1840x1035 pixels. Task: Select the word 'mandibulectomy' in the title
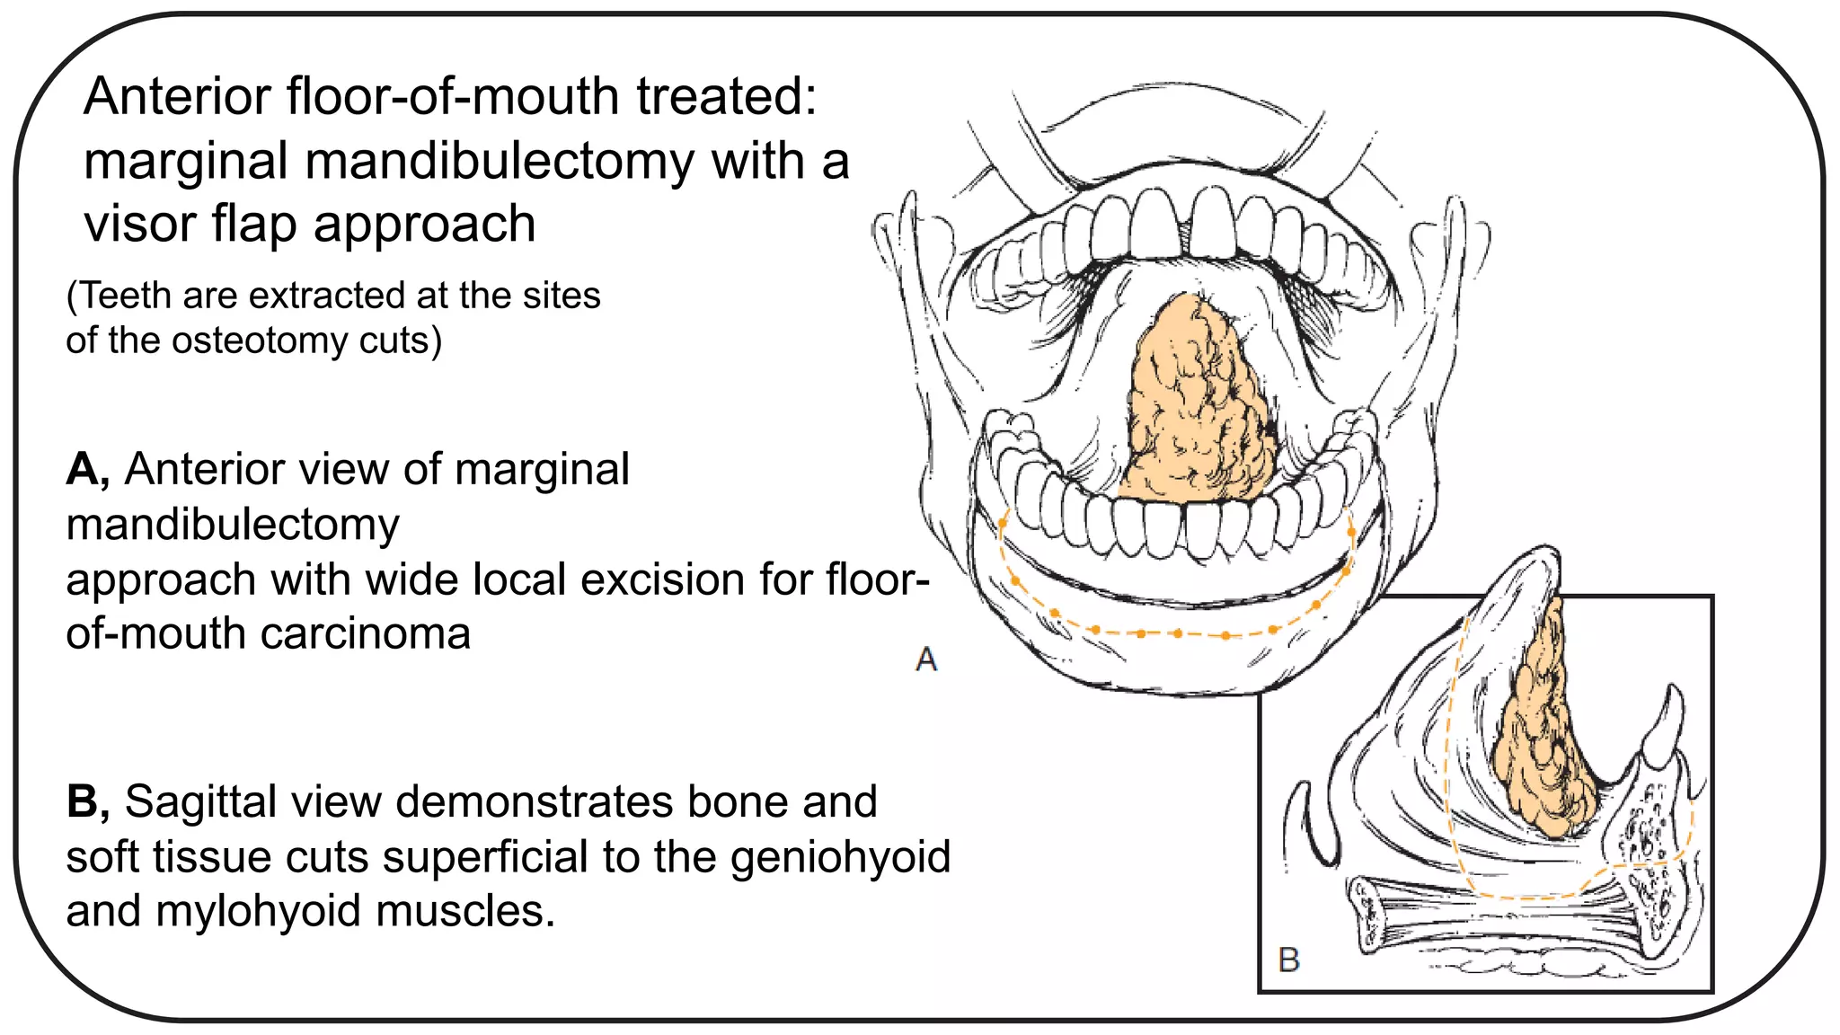(499, 163)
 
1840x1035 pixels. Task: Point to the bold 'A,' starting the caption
(88, 469)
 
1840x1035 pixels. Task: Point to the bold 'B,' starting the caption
(88, 801)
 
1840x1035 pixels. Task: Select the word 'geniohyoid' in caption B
(840, 856)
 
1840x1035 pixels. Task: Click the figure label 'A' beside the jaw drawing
(926, 659)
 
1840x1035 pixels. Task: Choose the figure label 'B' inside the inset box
(1289, 960)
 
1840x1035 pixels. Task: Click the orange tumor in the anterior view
(1199, 404)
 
